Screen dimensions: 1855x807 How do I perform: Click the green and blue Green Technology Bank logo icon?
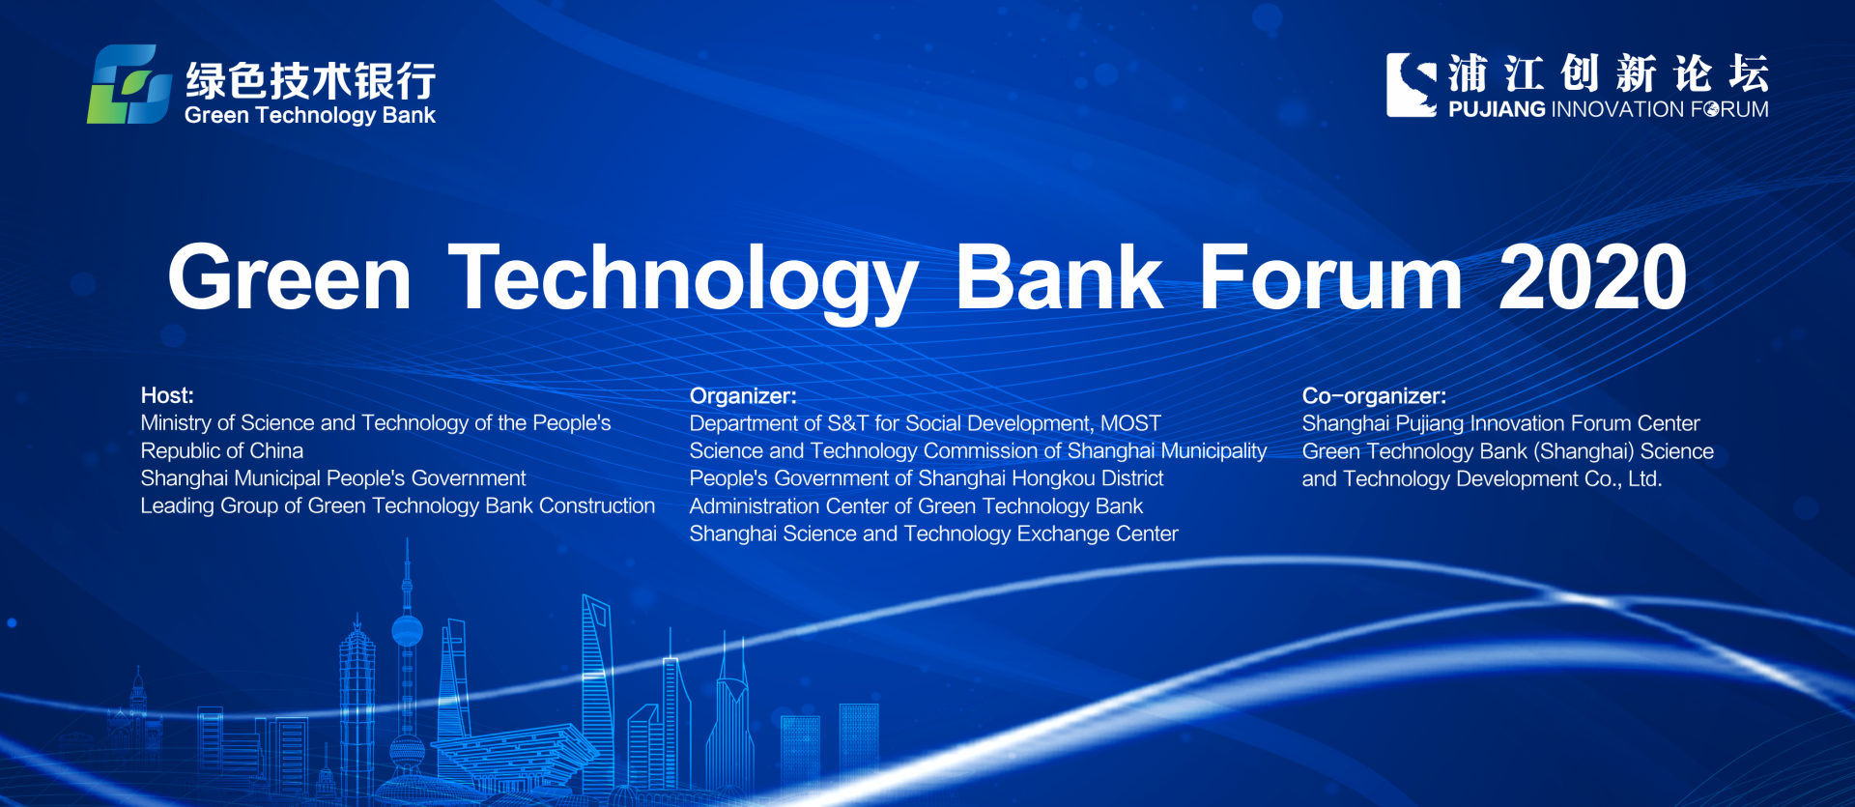pyautogui.click(x=129, y=84)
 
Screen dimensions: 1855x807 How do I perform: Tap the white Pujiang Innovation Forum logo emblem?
pyautogui.click(x=1411, y=85)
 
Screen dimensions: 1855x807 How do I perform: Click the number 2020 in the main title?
pyautogui.click(x=1592, y=278)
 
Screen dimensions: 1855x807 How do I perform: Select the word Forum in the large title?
pyautogui.click(x=1330, y=278)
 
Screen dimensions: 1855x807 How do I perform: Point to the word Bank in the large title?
pyautogui.click(x=1059, y=278)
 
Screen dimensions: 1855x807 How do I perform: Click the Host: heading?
pyautogui.click(x=167, y=395)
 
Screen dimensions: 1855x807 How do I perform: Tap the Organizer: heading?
pyautogui.click(x=743, y=396)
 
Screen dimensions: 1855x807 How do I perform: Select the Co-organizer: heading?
pyautogui.click(x=1374, y=396)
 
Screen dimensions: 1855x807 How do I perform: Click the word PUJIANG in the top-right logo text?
pyautogui.click(x=1497, y=109)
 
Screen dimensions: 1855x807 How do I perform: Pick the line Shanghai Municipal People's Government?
pyautogui.click(x=333, y=478)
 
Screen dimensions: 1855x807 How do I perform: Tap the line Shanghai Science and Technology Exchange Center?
pyautogui.click(x=933, y=533)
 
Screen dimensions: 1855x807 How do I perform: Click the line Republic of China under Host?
pyautogui.click(x=222, y=451)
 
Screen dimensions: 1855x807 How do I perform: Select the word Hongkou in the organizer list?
pyautogui.click(x=1052, y=478)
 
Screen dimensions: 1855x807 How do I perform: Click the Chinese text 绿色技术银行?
pyautogui.click(x=310, y=81)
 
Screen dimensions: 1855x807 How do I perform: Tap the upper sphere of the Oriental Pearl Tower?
pyautogui.click(x=407, y=631)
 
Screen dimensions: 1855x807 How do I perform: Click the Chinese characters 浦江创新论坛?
pyautogui.click(x=1609, y=73)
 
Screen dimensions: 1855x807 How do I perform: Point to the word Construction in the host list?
pyautogui.click(x=597, y=505)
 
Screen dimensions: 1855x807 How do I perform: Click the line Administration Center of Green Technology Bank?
pyautogui.click(x=916, y=506)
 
